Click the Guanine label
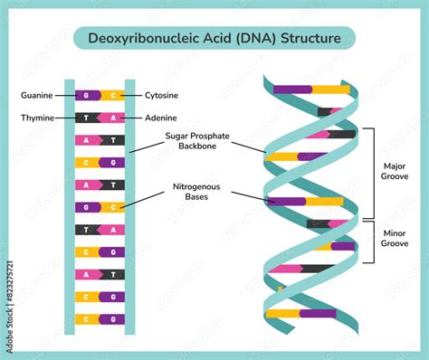(37, 95)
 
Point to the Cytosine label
(164, 95)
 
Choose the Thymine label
(37, 118)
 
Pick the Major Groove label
(395, 172)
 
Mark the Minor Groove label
(395, 238)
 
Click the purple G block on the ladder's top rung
(88, 95)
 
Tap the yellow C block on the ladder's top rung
(112, 95)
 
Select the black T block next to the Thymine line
(88, 118)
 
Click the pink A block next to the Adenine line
(112, 118)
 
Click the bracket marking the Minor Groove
(372, 241)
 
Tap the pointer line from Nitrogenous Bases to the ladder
(145, 199)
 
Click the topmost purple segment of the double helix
(293, 90)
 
